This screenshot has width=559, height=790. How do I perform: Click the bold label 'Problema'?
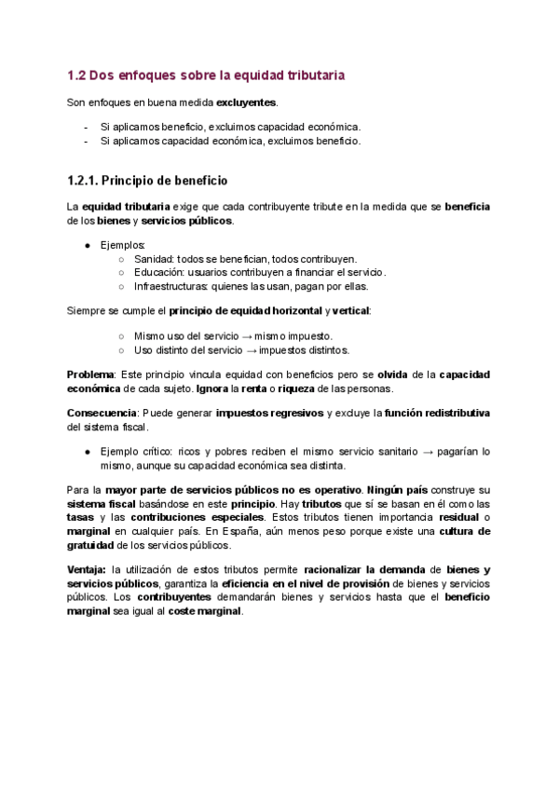90,375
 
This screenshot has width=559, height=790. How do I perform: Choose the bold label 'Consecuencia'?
101,413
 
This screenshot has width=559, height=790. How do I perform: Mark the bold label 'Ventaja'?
87,569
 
